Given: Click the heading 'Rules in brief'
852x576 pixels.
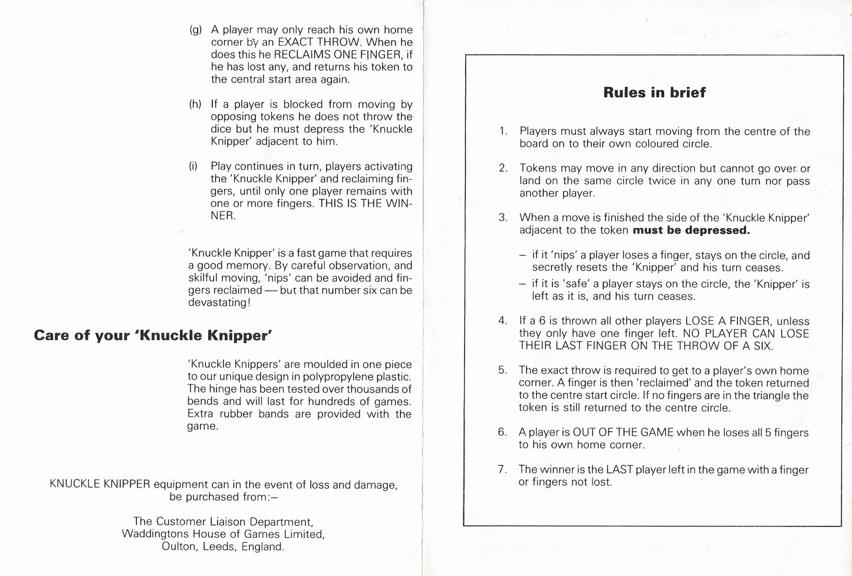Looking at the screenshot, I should [654, 93].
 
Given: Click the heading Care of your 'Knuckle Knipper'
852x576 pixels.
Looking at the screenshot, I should [153, 335].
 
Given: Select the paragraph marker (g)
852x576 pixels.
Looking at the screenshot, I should [196, 30].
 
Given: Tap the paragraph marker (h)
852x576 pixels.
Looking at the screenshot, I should [195, 104].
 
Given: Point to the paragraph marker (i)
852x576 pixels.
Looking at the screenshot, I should [192, 166].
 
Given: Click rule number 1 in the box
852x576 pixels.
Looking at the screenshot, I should [502, 131].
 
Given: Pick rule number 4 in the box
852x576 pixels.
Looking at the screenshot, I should [502, 321].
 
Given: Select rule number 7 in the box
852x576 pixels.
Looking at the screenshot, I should [502, 470].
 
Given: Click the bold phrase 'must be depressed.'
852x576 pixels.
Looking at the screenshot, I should [691, 231].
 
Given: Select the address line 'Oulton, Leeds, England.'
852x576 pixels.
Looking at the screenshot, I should [223, 547].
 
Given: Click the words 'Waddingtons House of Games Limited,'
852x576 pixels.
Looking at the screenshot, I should [223, 534].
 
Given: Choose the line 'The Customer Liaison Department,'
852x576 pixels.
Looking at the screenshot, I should [223, 522].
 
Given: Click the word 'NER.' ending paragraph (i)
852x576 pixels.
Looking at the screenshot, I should [223, 216].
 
